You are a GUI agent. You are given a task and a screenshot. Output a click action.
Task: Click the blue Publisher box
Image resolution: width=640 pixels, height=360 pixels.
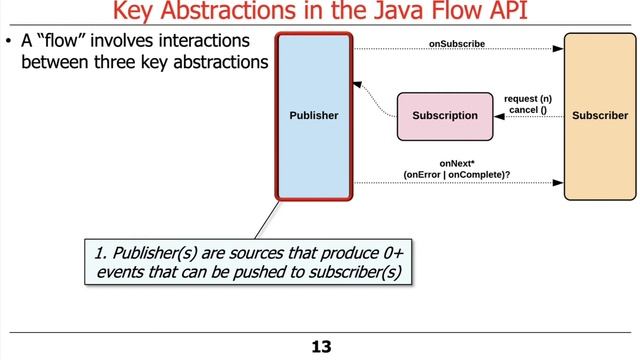[x=313, y=115]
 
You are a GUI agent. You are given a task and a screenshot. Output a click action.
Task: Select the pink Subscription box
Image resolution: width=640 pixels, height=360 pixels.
[x=445, y=116]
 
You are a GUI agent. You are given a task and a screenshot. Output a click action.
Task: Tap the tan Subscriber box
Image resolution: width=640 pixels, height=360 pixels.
[x=600, y=115]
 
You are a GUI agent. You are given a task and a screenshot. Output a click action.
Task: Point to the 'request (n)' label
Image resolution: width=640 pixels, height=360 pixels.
[x=528, y=98]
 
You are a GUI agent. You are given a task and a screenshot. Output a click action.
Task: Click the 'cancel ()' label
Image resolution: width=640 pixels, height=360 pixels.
[x=528, y=109]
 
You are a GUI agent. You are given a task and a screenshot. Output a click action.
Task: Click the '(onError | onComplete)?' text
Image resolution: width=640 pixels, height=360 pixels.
[x=457, y=174]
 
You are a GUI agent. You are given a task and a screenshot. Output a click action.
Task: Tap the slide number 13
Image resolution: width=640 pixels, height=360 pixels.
[x=320, y=347]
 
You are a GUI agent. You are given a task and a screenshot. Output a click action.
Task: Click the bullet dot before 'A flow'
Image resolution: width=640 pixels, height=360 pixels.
[x=10, y=43]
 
